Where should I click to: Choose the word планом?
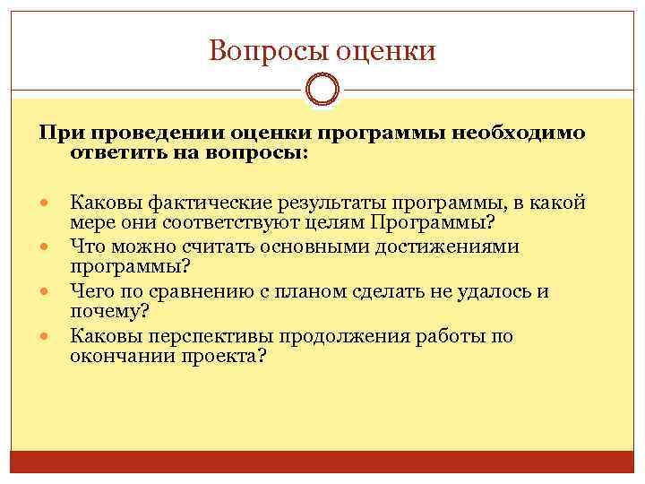coord(344,290)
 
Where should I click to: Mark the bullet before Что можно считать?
coord(47,246)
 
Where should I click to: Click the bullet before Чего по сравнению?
coord(47,291)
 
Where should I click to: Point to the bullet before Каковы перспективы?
coord(47,337)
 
